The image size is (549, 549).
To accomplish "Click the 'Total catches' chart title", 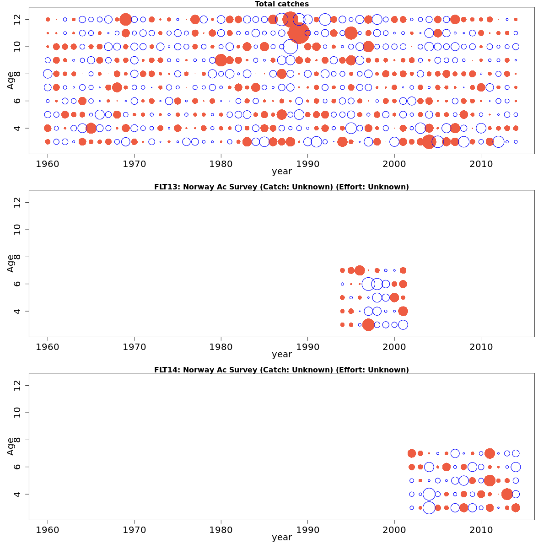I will pos(281,4).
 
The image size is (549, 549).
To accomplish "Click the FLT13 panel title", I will pos(281,187).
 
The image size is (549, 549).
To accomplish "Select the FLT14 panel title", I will pos(281,370).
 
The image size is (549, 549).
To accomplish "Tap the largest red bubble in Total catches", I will pos(299,33).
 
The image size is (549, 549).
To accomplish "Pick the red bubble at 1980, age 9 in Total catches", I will pos(221,60).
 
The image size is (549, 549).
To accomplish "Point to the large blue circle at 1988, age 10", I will pos(290,47).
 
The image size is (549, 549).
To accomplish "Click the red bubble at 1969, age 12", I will pos(126,19).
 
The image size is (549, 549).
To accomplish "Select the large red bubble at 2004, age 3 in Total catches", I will pos(429,142).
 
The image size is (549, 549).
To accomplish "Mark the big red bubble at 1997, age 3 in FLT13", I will pos(368,325).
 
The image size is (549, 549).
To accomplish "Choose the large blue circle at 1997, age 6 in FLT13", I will pos(368,284).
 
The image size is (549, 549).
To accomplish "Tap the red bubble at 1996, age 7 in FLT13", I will pos(360,270).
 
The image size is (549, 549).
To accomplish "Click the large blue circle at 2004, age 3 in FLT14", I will pos(429,508).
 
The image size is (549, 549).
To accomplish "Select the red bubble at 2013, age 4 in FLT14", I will pos(507,494).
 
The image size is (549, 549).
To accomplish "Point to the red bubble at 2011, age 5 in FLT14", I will pos(490,480).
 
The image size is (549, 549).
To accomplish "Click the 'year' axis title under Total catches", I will pos(281,172).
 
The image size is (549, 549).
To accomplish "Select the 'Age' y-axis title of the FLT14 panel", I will pos(11,446).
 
